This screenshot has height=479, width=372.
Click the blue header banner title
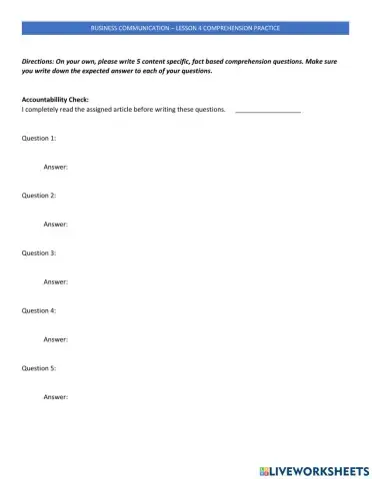[186, 27]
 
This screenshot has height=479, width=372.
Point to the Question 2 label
[39, 196]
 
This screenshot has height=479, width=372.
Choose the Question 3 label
[39, 253]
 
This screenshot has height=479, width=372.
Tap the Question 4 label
[39, 311]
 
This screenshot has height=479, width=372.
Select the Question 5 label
[39, 369]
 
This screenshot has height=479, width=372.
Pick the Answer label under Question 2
[56, 225]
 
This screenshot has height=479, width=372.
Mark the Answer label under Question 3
[56, 282]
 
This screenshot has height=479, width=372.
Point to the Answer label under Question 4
[56, 340]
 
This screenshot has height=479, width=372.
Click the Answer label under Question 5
[56, 398]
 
